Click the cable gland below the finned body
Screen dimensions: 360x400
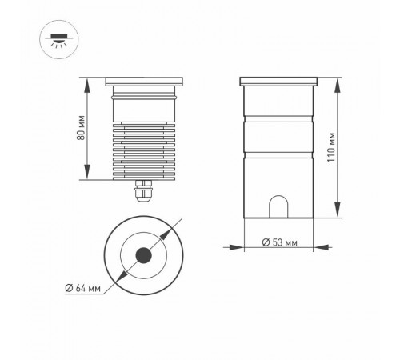(143, 192)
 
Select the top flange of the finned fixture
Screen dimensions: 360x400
(144, 80)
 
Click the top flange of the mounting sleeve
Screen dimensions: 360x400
(279, 80)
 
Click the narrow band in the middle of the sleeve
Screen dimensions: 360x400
(279, 133)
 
